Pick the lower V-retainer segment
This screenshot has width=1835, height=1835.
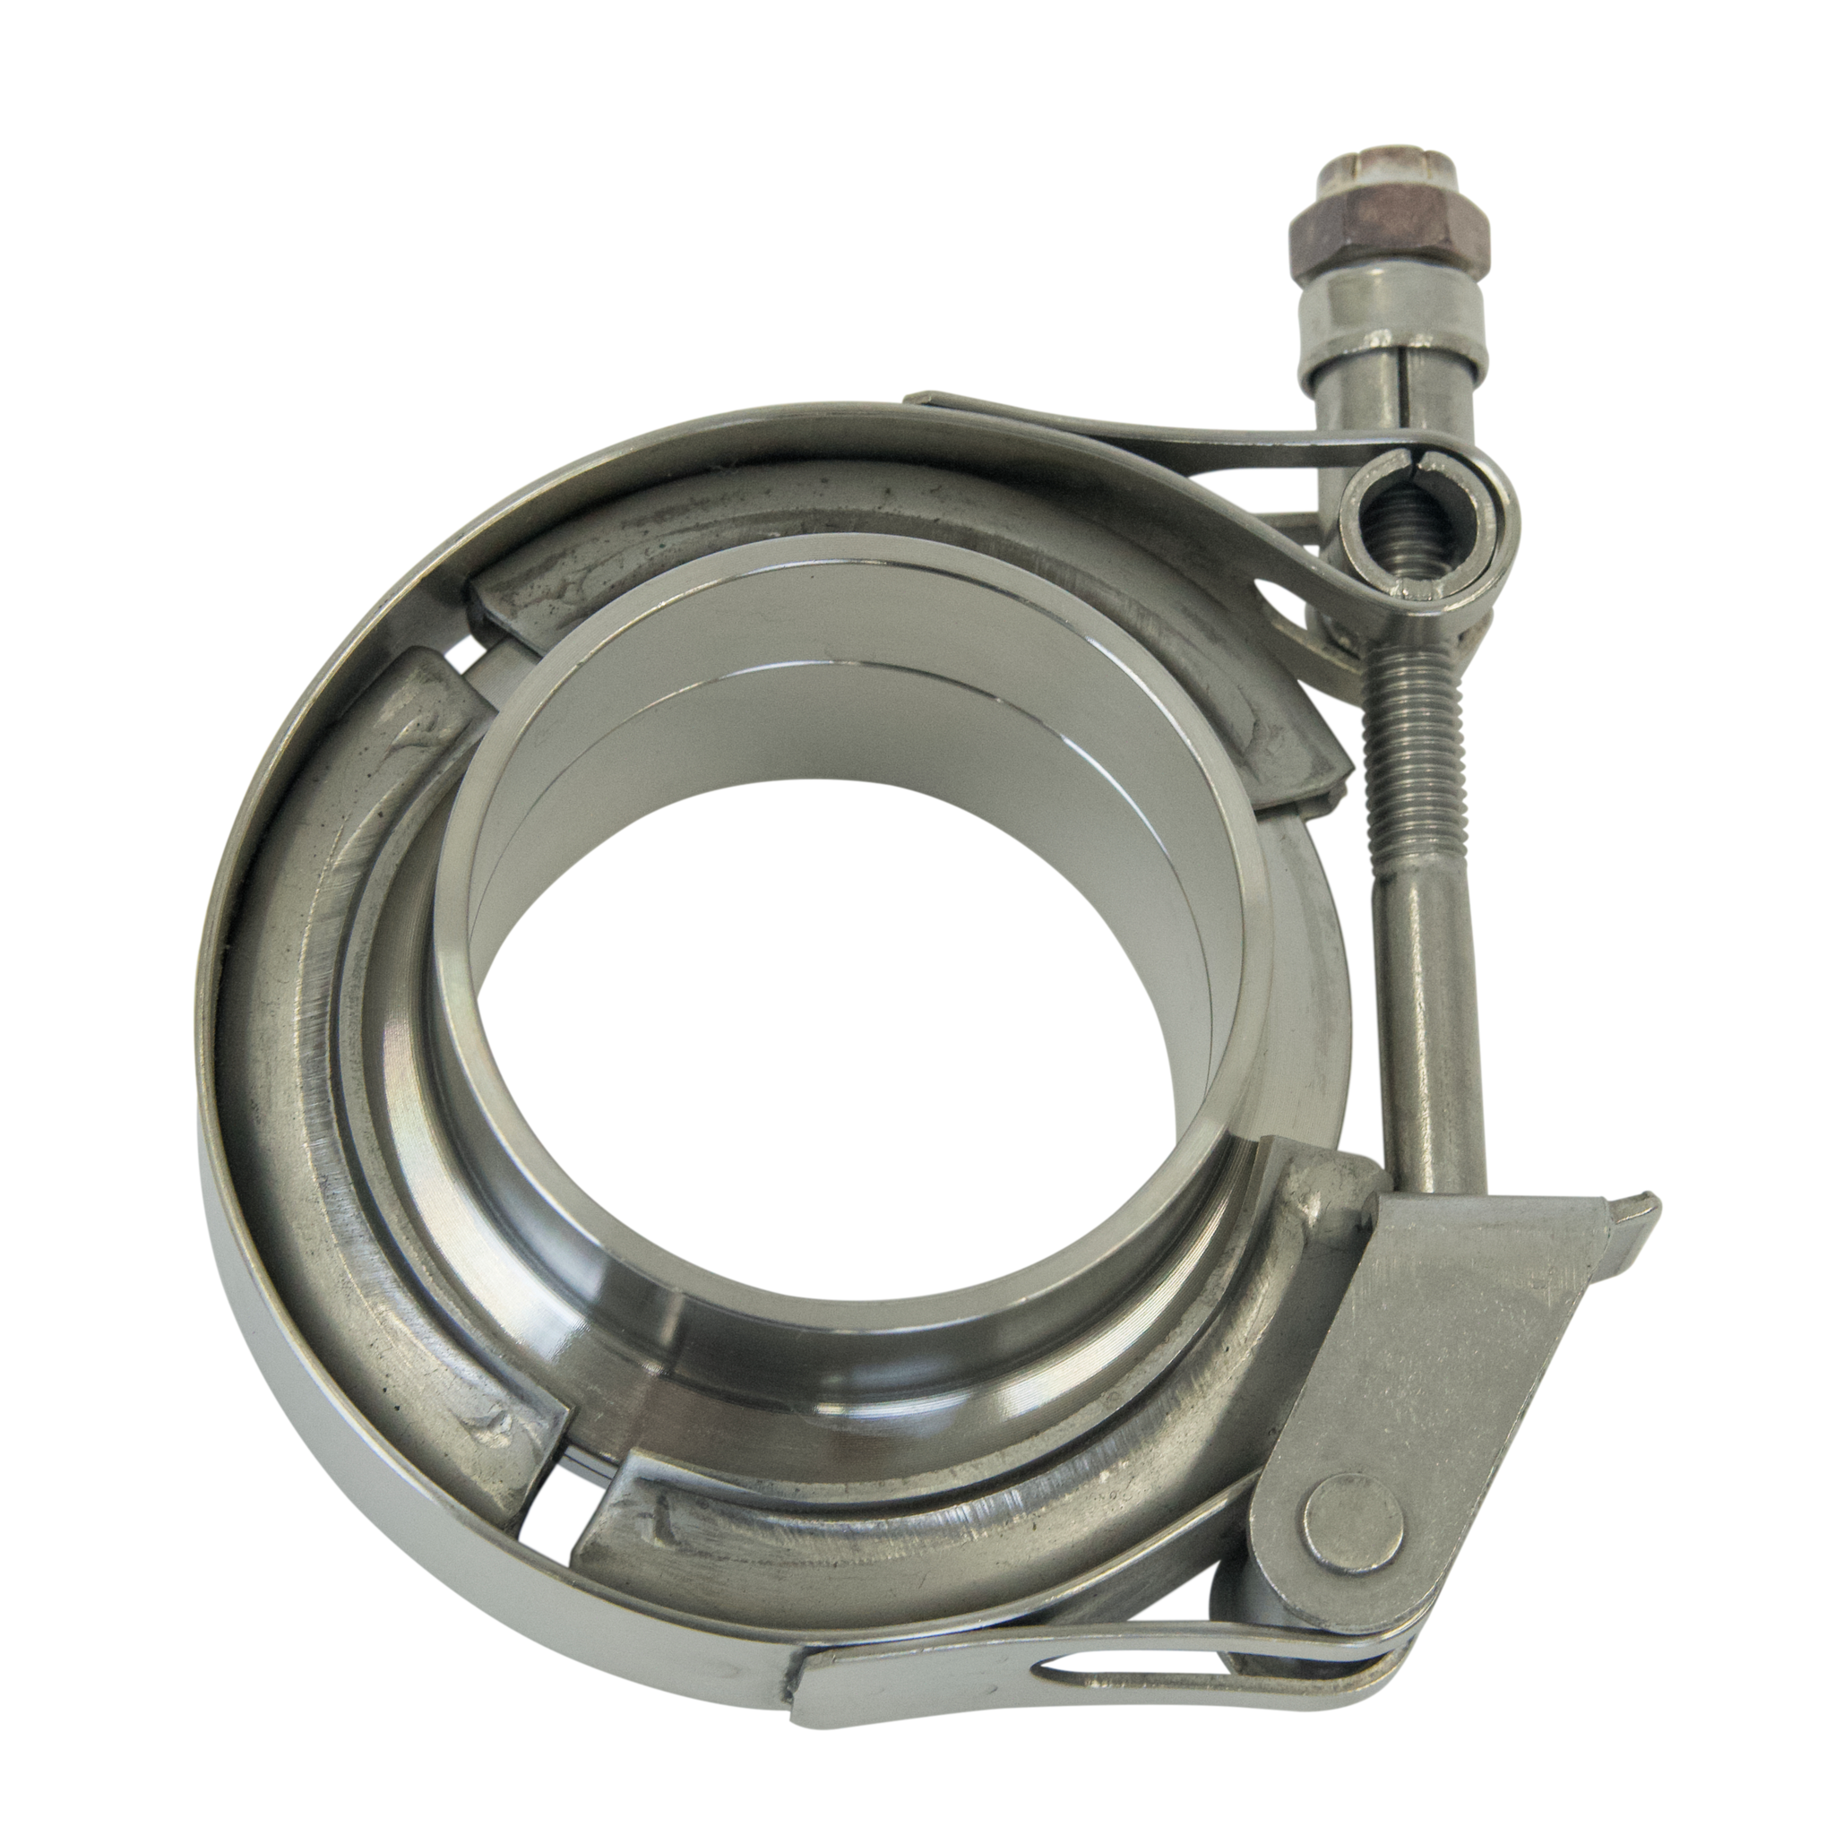950,1538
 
